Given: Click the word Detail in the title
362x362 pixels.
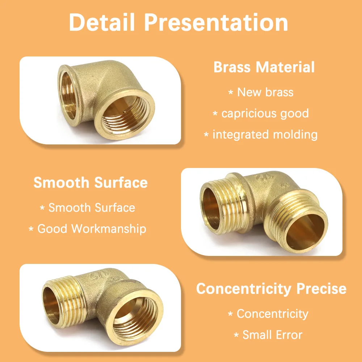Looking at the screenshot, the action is (102, 22).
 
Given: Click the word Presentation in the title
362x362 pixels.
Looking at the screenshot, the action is (216, 22).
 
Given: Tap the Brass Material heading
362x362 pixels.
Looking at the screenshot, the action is (264, 67).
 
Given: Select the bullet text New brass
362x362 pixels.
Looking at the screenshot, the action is (265, 92).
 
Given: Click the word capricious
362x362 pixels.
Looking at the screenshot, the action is (249, 114).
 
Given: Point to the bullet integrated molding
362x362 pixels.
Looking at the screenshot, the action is (265, 135).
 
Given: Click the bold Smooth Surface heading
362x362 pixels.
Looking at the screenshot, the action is (90, 182).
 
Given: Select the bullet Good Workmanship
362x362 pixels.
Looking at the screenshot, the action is (92, 229).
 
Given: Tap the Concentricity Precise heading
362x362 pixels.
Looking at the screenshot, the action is (271, 289).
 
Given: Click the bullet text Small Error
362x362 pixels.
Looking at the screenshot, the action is (273, 335).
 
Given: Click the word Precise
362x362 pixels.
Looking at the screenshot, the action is (321, 289).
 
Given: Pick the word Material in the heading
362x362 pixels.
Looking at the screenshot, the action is (285, 67).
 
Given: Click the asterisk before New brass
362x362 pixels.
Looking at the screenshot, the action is (231, 93).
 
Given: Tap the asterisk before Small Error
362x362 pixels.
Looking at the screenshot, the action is (236, 335).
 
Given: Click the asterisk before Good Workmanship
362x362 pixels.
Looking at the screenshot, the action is (31, 229).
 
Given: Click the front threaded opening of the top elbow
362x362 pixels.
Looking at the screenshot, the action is (125, 115).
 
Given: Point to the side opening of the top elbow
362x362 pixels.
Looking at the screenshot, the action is (69, 96).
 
